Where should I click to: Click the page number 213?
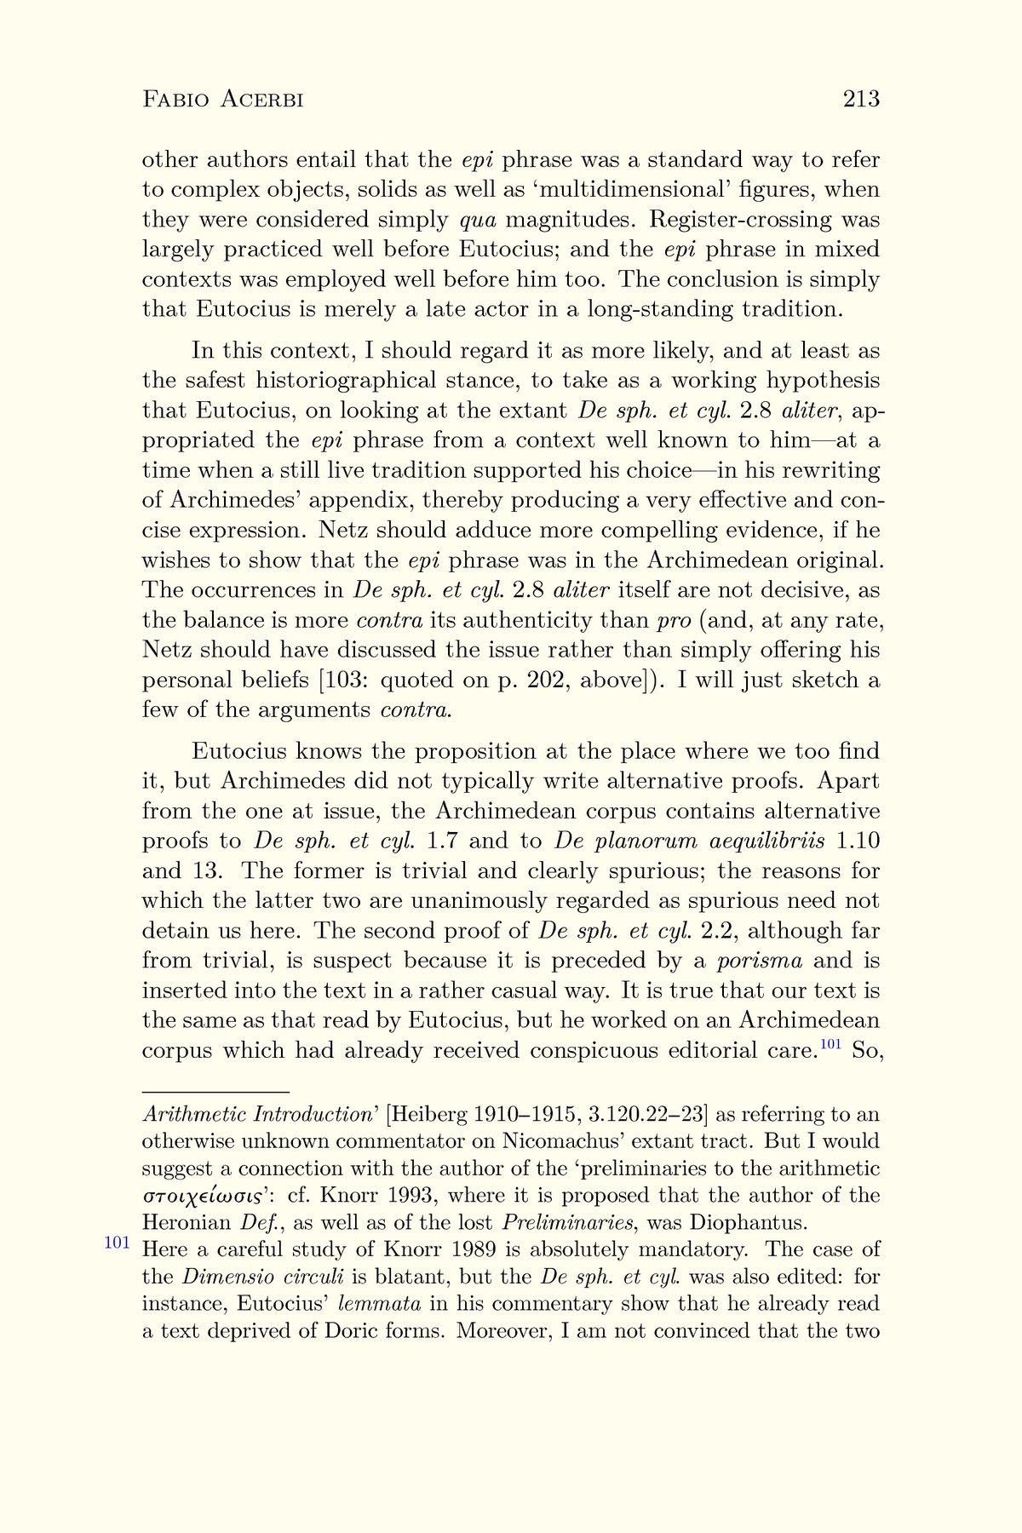[x=860, y=100]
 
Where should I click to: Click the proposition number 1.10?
[x=858, y=841]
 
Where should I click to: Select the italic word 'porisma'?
[x=760, y=961]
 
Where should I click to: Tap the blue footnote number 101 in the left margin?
[x=117, y=1243]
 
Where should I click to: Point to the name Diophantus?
[x=748, y=1223]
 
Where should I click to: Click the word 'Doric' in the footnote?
[x=356, y=1330]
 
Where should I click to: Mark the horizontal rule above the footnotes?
[x=215, y=1091]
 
